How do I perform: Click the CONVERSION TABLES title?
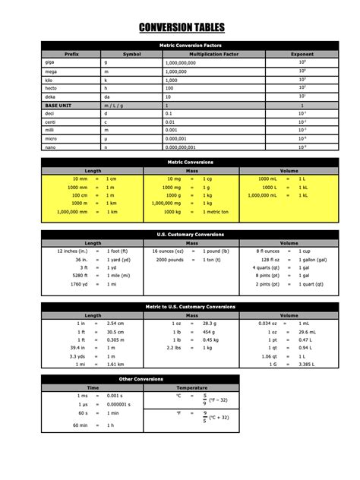click(x=182, y=28)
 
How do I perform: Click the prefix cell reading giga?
click(x=50, y=62)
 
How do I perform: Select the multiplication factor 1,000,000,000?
click(x=180, y=62)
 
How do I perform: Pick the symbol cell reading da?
click(x=107, y=96)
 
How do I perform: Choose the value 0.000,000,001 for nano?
click(x=181, y=147)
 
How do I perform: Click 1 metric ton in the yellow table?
click(x=216, y=212)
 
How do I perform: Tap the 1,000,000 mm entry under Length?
click(x=71, y=212)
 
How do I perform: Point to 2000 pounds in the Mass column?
click(x=170, y=259)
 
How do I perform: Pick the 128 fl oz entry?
click(x=269, y=259)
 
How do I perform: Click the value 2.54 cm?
click(x=115, y=324)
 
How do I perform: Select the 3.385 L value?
click(x=306, y=365)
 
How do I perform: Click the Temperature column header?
click(x=191, y=387)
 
